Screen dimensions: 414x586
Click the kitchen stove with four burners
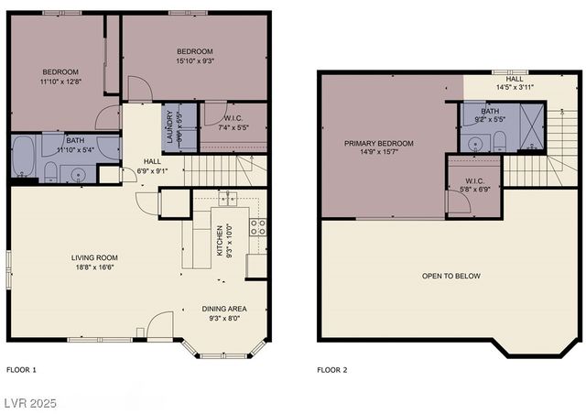click(258, 226)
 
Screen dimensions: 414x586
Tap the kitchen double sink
click(228, 199)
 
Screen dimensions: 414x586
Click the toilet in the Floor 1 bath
click(52, 170)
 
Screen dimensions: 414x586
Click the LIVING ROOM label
click(94, 257)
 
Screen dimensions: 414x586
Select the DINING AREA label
click(224, 309)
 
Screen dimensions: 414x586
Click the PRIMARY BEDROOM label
click(378, 144)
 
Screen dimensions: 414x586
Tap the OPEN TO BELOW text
click(450, 276)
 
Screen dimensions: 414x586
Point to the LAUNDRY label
click(170, 125)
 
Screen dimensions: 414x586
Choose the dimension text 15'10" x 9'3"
click(194, 61)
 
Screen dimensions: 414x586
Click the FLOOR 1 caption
click(21, 370)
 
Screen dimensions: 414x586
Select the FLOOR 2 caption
click(332, 370)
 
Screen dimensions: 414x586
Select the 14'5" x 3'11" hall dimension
click(515, 87)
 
